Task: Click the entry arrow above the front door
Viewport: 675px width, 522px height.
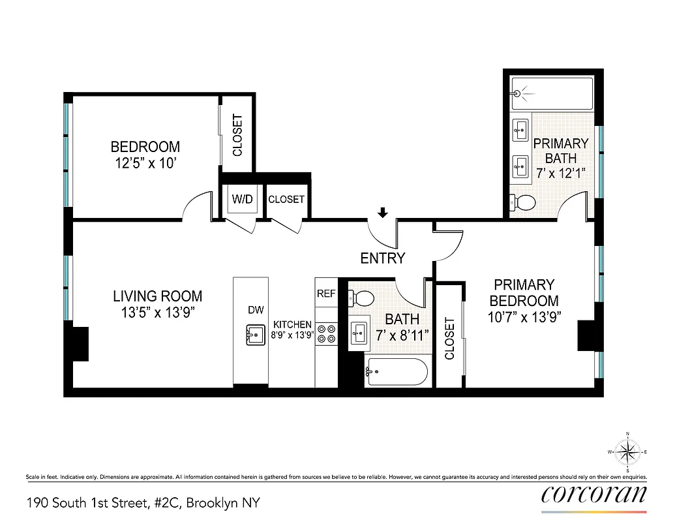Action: (383, 212)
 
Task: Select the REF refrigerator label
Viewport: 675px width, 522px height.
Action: (326, 294)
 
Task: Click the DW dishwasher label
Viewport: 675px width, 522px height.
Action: (255, 311)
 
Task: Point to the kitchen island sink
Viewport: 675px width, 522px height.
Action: (252, 334)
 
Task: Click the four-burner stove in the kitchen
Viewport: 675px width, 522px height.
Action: (326, 334)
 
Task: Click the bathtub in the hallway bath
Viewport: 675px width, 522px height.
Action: (396, 372)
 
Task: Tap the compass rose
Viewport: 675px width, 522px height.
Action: (627, 452)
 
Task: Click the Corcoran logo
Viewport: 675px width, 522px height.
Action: (594, 494)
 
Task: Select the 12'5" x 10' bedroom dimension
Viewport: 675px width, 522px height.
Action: (145, 163)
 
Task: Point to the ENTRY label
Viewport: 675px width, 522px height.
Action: (383, 258)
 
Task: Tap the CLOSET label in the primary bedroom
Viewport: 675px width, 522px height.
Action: (449, 339)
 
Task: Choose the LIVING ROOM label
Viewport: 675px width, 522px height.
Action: (158, 296)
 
